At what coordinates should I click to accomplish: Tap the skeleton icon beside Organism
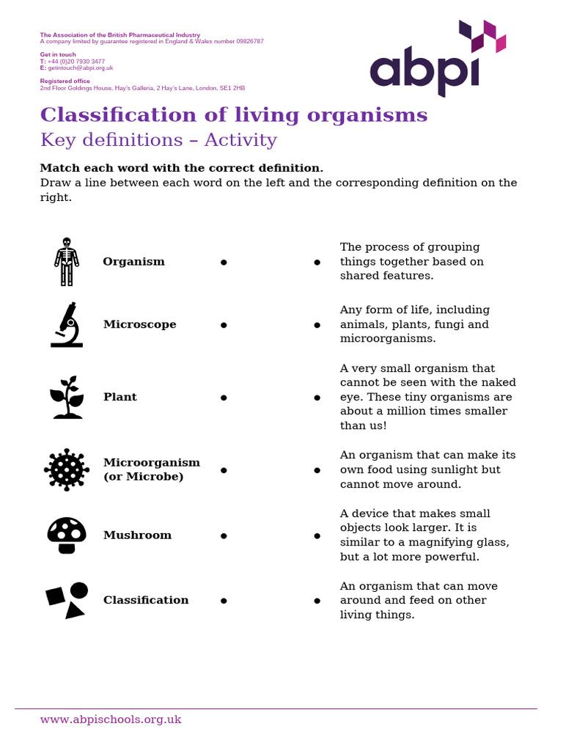67,262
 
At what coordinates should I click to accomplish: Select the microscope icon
67,324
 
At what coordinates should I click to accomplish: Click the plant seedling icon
67,397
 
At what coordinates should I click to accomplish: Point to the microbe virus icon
67,469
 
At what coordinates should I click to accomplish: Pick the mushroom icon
67,535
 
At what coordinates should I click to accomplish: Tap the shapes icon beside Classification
67,600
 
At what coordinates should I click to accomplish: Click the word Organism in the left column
133,262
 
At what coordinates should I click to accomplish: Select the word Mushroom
137,535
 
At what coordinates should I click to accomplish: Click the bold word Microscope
139,324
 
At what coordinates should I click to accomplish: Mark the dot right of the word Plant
223,398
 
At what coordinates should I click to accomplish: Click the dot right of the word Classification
223,601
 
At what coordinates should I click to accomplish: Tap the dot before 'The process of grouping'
317,262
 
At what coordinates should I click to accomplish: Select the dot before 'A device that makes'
317,536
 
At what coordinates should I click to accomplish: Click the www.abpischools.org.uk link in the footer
111,719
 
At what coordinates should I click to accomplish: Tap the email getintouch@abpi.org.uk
80,67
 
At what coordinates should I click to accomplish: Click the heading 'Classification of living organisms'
234,115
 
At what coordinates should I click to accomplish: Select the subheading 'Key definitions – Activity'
158,140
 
